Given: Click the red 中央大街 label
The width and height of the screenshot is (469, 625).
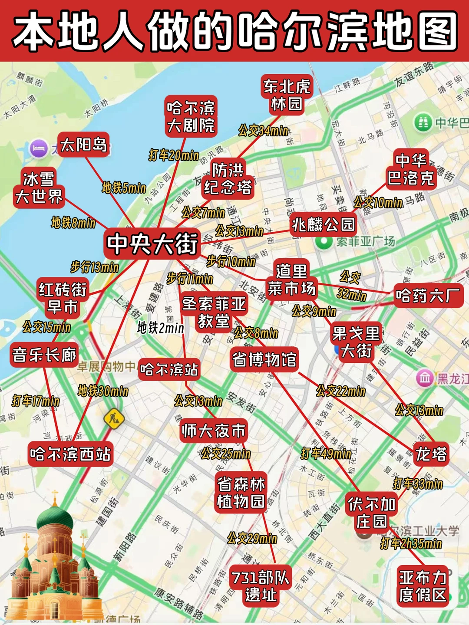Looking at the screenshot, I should [152, 244].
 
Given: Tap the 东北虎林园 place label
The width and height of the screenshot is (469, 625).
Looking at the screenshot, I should [287, 95].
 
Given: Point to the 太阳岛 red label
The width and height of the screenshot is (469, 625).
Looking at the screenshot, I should [83, 145].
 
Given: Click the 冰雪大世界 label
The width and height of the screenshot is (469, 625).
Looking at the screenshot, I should [39, 188].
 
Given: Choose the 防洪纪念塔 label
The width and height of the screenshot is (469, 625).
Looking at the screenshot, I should [228, 178].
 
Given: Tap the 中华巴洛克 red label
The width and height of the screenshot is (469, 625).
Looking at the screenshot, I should [411, 169].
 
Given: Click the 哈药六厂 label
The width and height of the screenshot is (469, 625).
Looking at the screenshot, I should [428, 296].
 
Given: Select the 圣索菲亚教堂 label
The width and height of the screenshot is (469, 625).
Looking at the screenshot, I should [214, 312].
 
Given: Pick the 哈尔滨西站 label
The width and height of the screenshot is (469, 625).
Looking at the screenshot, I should [70, 454].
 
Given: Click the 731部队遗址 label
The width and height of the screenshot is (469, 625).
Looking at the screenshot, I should [261, 586].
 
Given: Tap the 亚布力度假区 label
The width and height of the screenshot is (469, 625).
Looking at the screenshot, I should [423, 586].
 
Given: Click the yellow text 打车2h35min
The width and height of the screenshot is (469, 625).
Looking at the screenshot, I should [411, 543].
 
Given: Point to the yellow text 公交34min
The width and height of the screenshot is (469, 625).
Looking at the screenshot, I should [263, 130].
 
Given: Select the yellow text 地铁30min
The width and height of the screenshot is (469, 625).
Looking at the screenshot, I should [103, 391].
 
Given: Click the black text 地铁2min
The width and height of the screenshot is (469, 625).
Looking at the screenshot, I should [161, 328].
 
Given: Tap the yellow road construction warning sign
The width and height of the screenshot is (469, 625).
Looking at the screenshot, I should [114, 419].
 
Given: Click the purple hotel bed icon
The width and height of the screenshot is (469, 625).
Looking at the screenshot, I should [39, 148].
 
